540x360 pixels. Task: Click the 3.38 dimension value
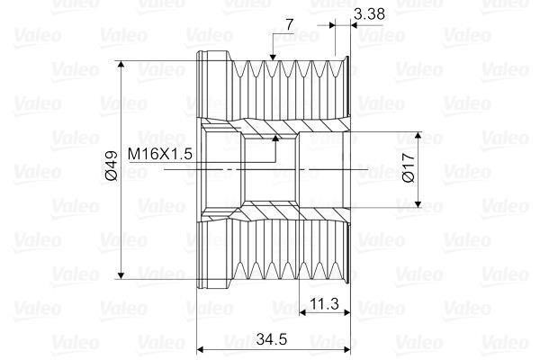[369, 14]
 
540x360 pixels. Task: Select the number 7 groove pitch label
[290, 25]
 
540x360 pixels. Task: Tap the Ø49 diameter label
[112, 166]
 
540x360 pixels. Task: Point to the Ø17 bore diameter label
[409, 167]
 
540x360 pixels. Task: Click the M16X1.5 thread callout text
[160, 154]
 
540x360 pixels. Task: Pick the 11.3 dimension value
[324, 304]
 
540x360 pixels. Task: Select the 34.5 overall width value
[272, 339]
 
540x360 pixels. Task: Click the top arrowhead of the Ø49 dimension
[121, 65]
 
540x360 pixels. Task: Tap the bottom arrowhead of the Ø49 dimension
[121, 274]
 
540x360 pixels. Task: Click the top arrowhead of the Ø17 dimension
[418, 136]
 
